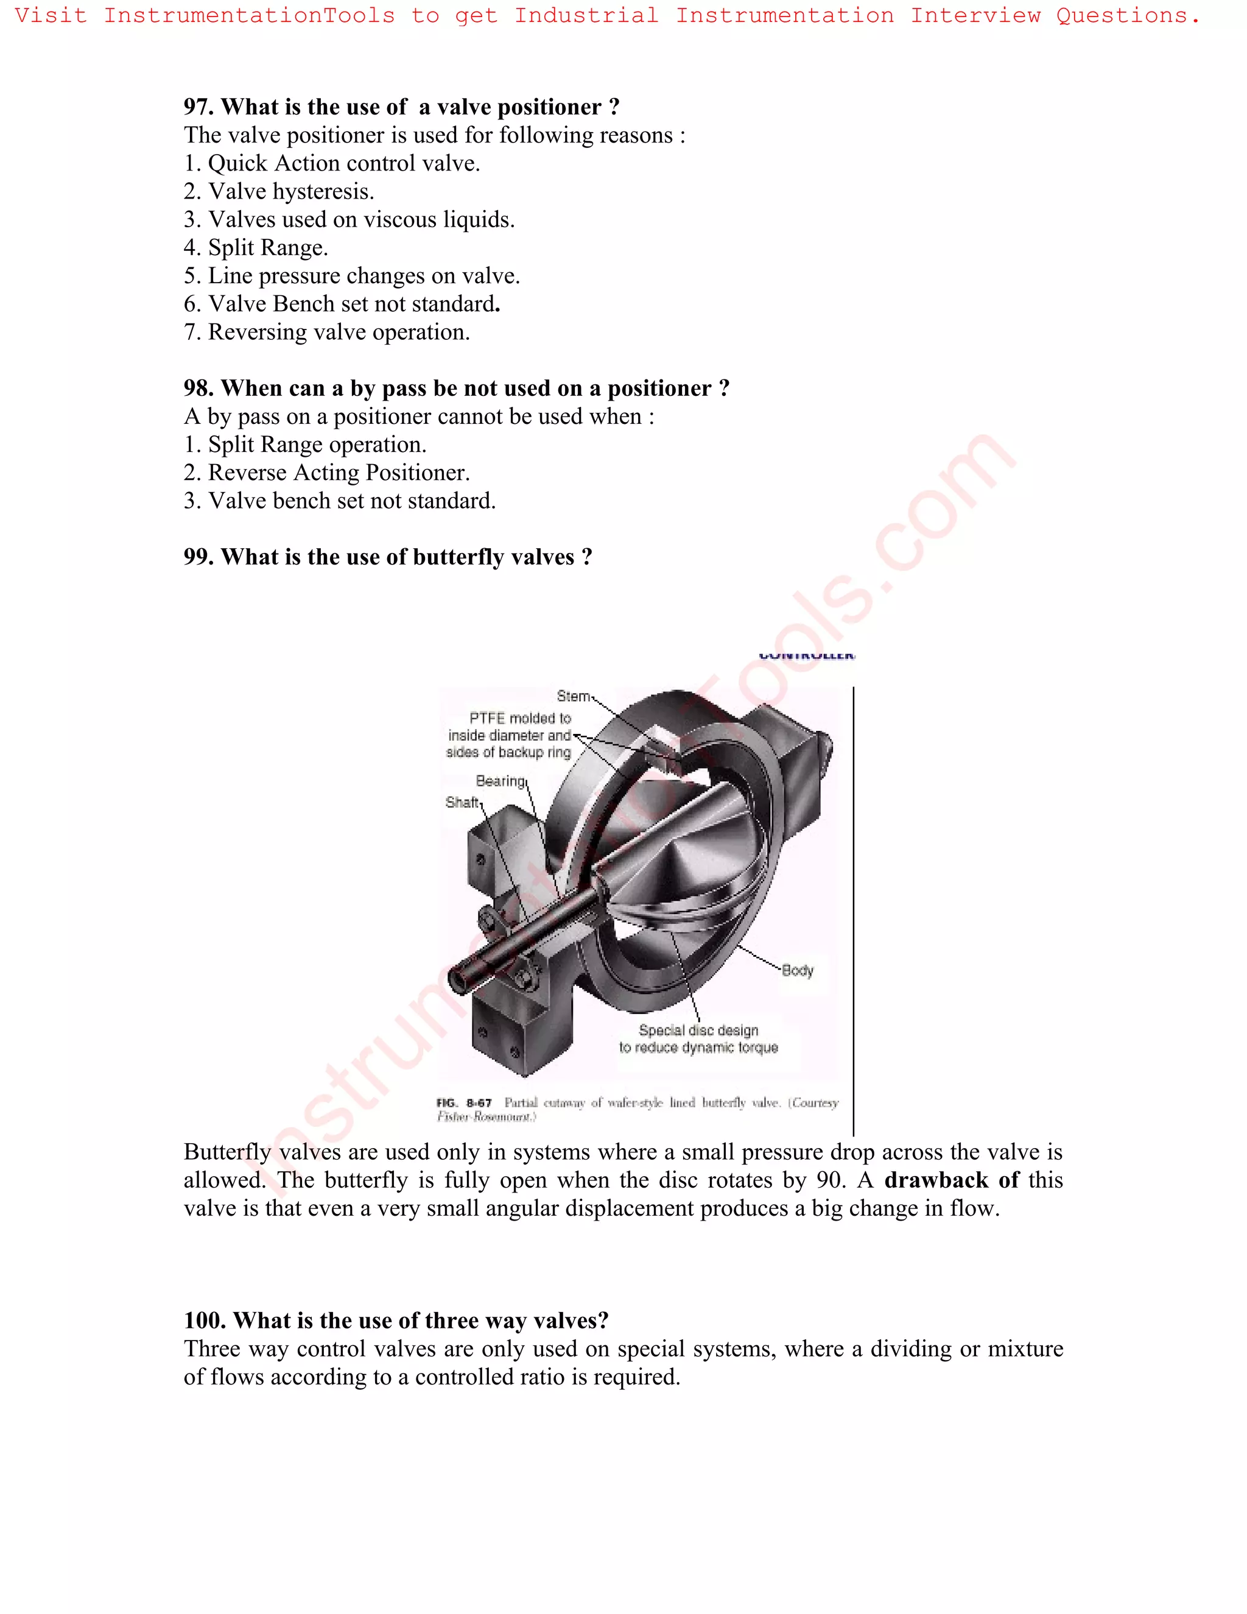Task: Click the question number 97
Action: click(x=198, y=107)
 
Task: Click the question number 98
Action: click(x=198, y=389)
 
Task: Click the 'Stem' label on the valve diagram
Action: click(x=573, y=696)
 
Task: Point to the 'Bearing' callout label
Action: click(x=500, y=781)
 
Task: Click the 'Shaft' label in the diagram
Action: click(x=462, y=803)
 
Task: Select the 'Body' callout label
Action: click(x=797, y=970)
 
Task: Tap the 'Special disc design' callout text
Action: click(x=698, y=1030)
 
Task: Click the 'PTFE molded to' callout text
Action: click(x=520, y=718)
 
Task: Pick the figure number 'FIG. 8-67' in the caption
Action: click(x=464, y=1102)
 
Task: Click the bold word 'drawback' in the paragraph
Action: click(x=936, y=1180)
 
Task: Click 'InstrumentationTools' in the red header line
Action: click(x=249, y=15)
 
